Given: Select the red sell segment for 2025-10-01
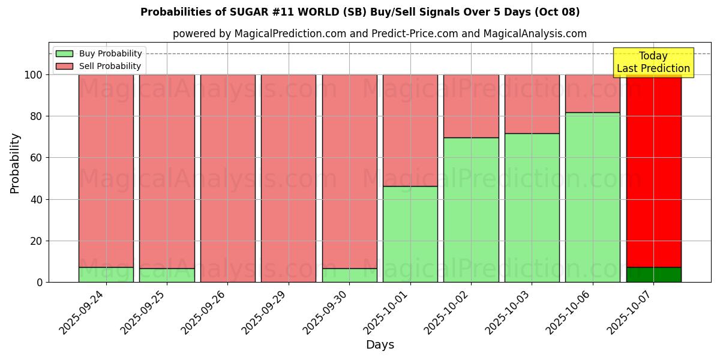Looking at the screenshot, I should pyautogui.click(x=410, y=130).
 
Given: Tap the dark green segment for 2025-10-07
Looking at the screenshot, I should pyautogui.click(x=653, y=275).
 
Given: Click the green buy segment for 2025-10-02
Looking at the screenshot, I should pyautogui.click(x=471, y=209).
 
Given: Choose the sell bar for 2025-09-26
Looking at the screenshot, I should pyautogui.click(x=227, y=178).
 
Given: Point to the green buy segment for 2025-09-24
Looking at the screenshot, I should pyautogui.click(x=106, y=275).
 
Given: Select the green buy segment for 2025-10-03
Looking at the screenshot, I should pyautogui.click(x=532, y=208).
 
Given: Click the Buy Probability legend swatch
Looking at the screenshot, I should pyautogui.click(x=64, y=53).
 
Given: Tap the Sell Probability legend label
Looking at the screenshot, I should pyautogui.click(x=110, y=66).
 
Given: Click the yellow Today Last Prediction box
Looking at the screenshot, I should pyautogui.click(x=653, y=62).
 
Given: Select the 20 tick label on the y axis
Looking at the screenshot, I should pyautogui.click(x=35, y=241).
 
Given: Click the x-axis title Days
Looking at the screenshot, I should pyautogui.click(x=380, y=345).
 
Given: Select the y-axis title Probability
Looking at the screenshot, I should pyautogui.click(x=15, y=163).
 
